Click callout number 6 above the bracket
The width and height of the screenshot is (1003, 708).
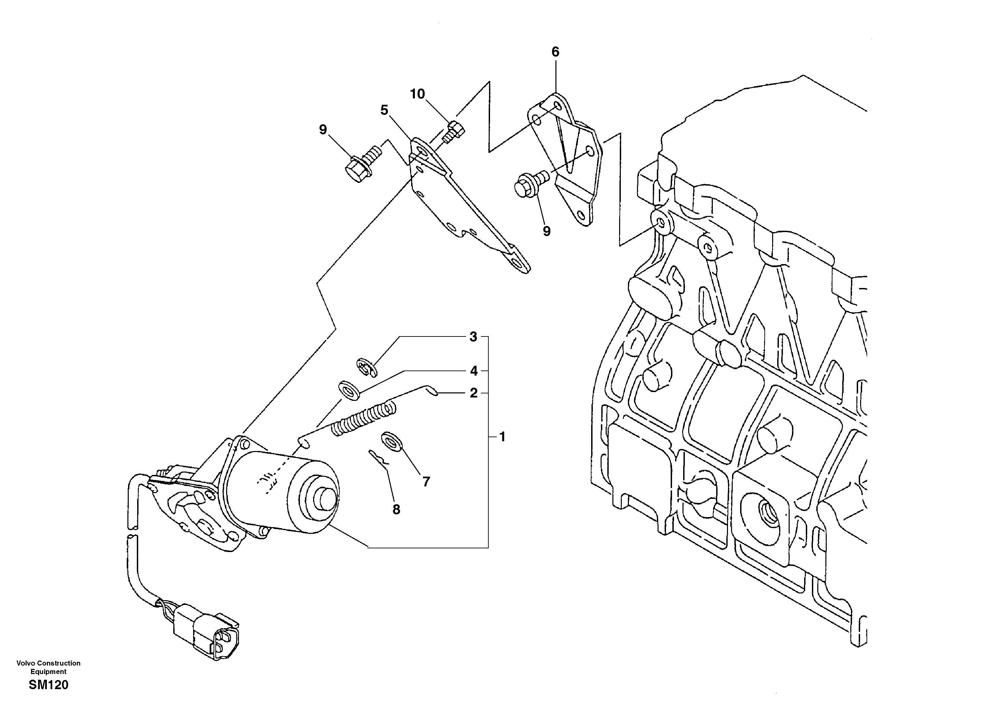[x=555, y=52]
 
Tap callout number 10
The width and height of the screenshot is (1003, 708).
[x=417, y=94]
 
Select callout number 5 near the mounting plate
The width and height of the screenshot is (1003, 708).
[x=384, y=110]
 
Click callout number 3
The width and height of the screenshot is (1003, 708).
[x=473, y=337]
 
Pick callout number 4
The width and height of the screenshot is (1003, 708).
[x=474, y=371]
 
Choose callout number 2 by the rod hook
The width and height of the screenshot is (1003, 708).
[x=474, y=393]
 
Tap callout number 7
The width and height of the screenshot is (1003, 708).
[x=426, y=481]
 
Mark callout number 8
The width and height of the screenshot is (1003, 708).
[x=396, y=509]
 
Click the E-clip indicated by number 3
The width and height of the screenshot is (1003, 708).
[x=366, y=367]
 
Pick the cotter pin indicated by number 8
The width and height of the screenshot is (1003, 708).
[x=378, y=458]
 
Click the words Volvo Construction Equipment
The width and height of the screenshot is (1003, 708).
[x=49, y=667]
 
